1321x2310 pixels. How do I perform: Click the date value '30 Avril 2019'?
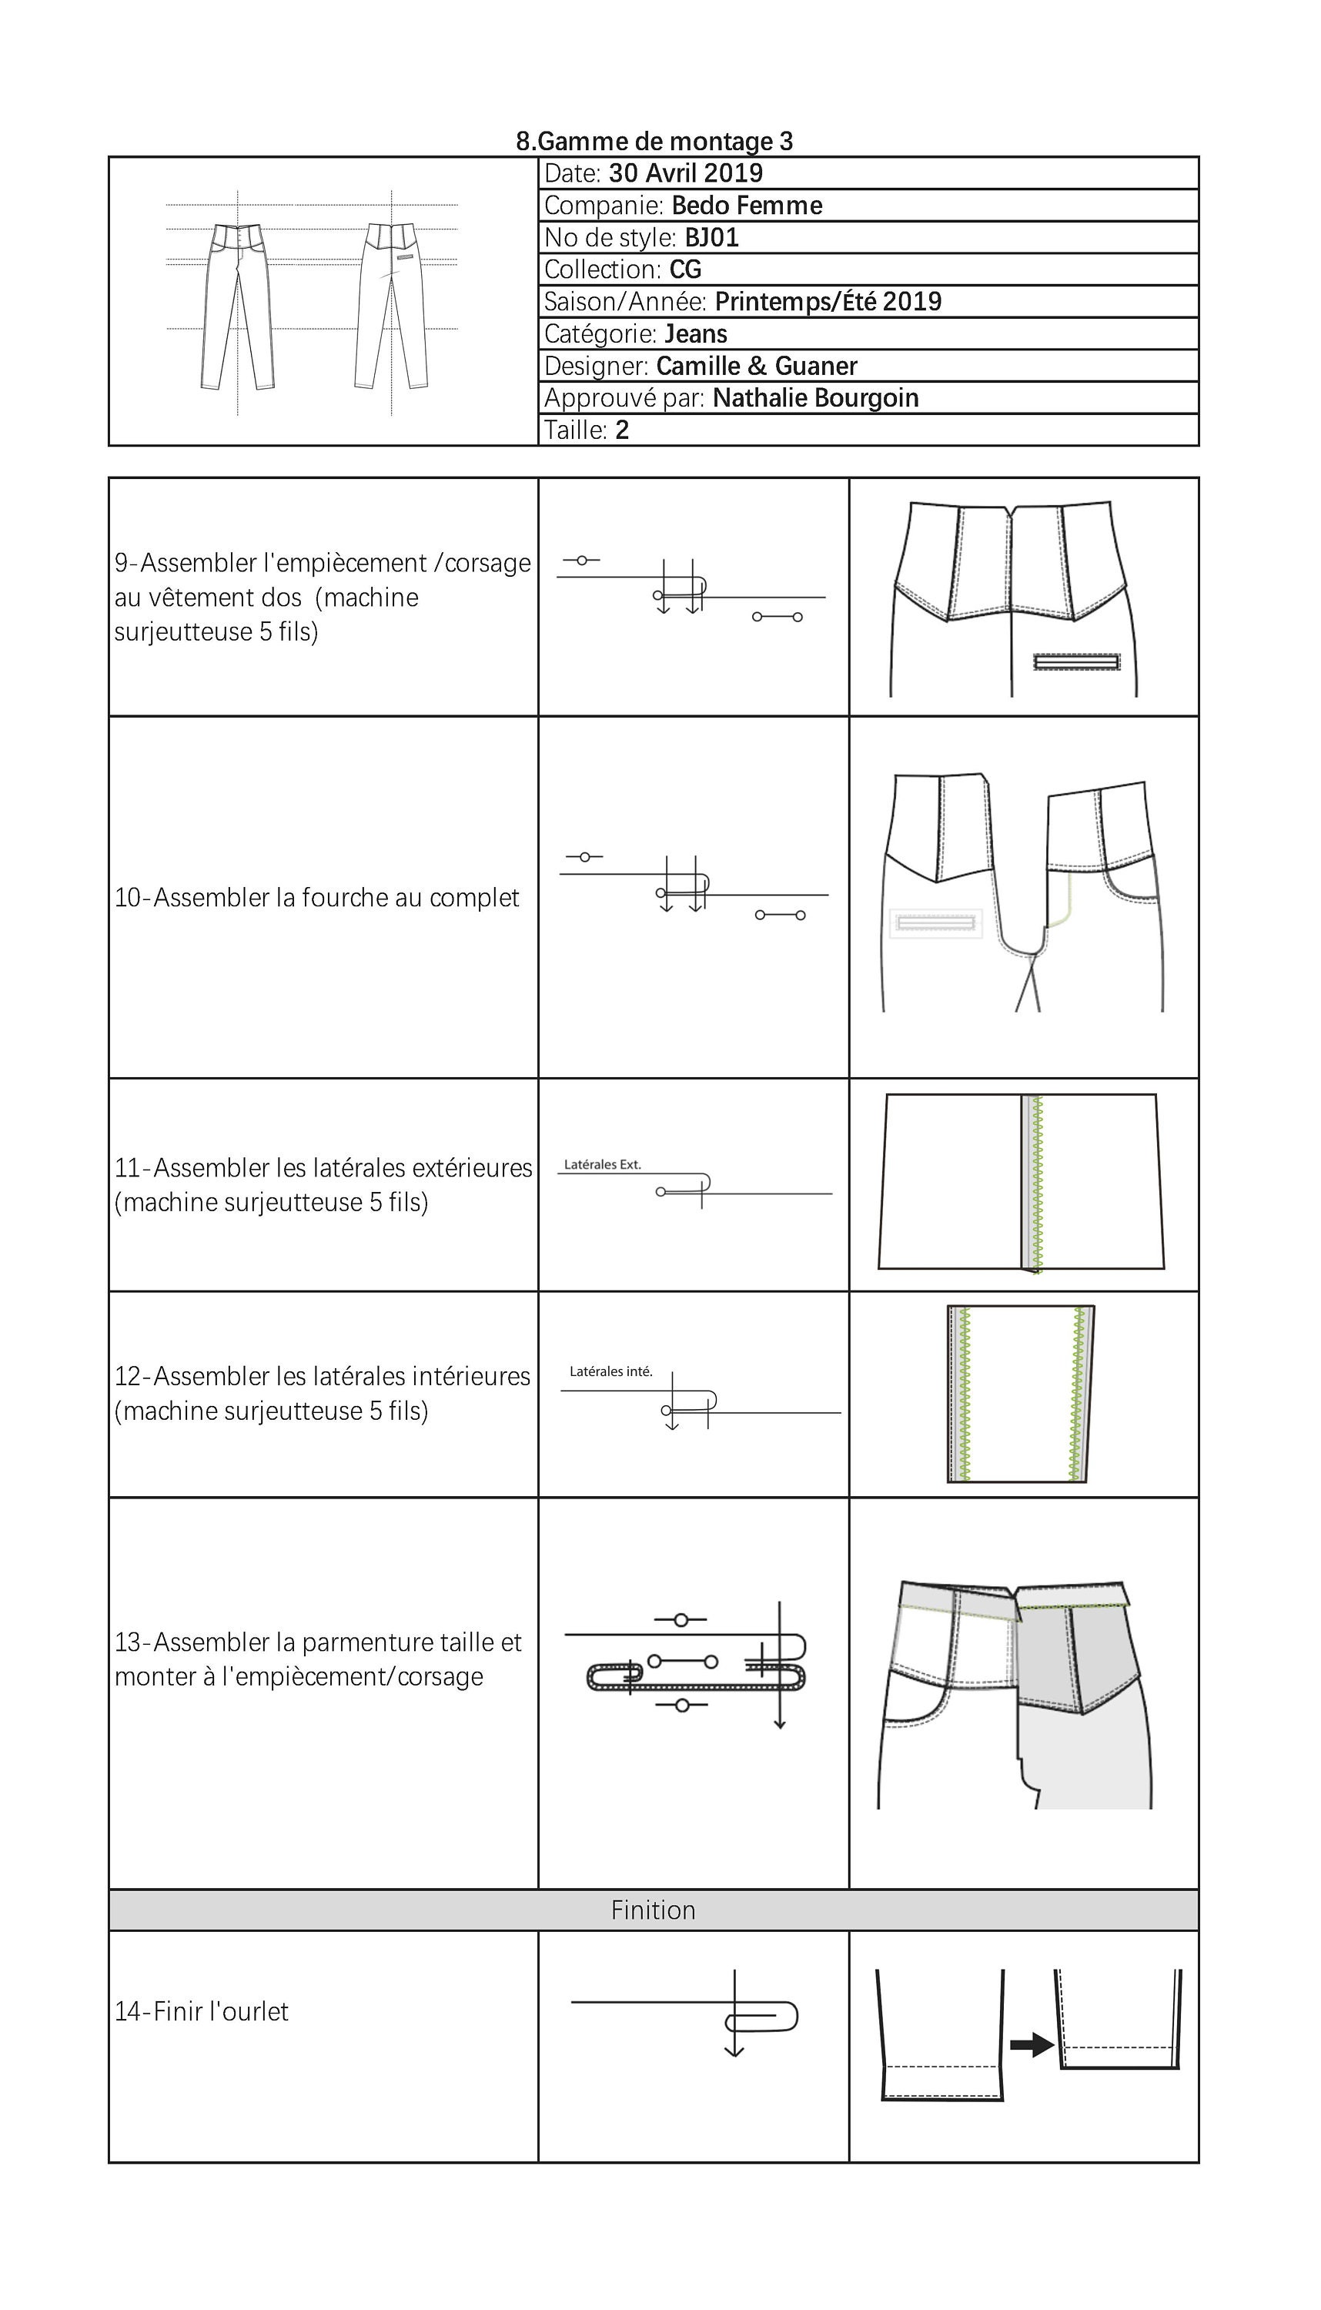tap(685, 173)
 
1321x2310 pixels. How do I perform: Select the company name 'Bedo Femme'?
tap(746, 206)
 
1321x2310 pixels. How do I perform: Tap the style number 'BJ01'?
tap(711, 238)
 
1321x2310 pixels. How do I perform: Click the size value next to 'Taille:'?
tap(621, 430)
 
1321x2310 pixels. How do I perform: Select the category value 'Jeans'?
tap(695, 334)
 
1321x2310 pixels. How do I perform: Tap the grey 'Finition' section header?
tap(654, 1911)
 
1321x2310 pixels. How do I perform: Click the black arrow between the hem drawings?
tap(1032, 2045)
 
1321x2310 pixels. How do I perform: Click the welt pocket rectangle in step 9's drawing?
tap(1076, 662)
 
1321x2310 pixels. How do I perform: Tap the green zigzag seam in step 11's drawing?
tap(1038, 1182)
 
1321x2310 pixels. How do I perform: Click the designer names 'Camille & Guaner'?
tap(756, 366)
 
